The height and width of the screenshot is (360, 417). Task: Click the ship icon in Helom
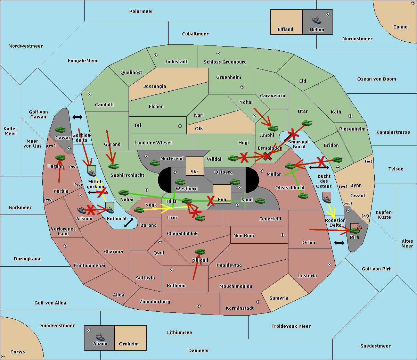317,20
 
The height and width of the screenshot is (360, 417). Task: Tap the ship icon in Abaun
100,337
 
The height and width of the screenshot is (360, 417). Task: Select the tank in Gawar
60,129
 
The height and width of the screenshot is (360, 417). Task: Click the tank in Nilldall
200,252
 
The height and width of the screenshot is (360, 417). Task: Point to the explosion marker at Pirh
359,228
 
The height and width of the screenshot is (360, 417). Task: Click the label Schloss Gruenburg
225,62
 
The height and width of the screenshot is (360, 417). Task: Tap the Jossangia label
155,86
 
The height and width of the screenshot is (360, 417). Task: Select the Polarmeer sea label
141,11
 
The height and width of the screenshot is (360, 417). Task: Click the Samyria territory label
279,298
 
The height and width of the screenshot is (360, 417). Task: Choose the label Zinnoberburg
155,302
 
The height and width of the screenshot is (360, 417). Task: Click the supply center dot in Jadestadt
156,55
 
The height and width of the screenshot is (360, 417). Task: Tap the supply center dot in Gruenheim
242,87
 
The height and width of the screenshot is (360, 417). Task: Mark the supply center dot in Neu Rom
283,235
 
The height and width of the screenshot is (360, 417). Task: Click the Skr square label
194,171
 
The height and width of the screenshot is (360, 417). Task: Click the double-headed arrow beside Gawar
77,117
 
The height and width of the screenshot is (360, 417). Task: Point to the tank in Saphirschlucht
113,166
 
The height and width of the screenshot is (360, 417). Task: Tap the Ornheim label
129,344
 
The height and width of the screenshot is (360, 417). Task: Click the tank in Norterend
155,163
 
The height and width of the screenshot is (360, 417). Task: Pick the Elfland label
285,30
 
